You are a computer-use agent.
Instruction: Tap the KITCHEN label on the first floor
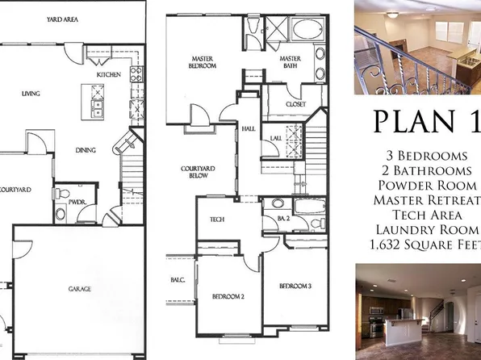click(x=109, y=74)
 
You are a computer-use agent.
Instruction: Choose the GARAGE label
click(x=79, y=288)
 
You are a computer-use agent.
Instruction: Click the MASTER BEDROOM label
click(x=202, y=62)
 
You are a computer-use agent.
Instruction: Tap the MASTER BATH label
click(x=291, y=62)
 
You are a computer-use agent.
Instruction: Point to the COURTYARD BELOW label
click(x=196, y=174)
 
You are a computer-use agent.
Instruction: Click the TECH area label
click(x=217, y=220)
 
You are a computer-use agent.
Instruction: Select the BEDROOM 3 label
click(x=295, y=286)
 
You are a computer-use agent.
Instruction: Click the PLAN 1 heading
click(x=425, y=120)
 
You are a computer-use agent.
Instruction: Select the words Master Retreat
click(x=424, y=199)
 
